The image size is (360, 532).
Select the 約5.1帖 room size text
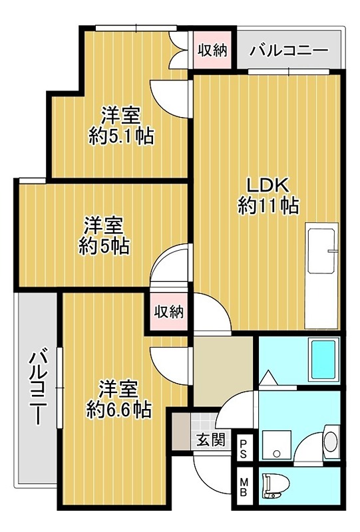121,136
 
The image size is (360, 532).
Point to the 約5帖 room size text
104,246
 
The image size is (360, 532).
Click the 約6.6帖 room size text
119,408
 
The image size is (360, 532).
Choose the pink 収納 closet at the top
213,51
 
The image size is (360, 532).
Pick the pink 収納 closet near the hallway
169,311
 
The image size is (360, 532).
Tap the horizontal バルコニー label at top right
289,51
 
